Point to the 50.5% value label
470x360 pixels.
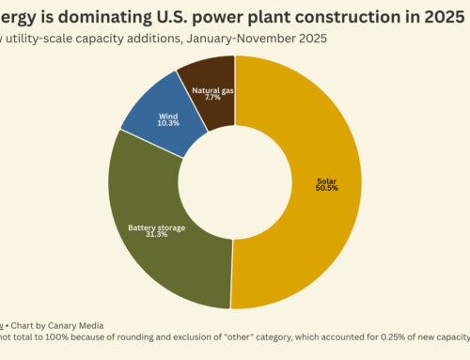click(x=326, y=189)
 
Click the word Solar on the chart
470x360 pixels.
click(x=326, y=180)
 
